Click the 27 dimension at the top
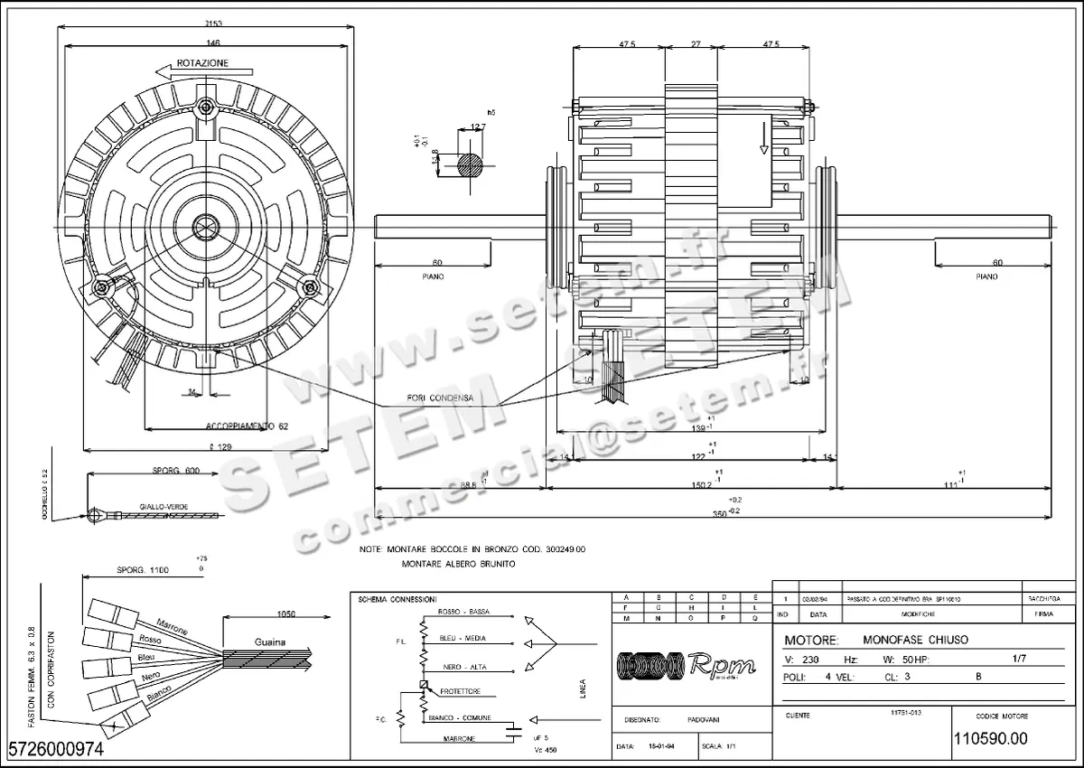point(696,42)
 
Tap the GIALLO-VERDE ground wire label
point(164,507)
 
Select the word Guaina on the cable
point(269,642)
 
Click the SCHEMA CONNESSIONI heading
point(397,599)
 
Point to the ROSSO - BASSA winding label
point(463,612)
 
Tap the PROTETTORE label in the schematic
point(461,691)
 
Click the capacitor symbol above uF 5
point(514,725)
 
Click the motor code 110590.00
point(990,738)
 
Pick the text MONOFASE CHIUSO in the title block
point(915,640)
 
